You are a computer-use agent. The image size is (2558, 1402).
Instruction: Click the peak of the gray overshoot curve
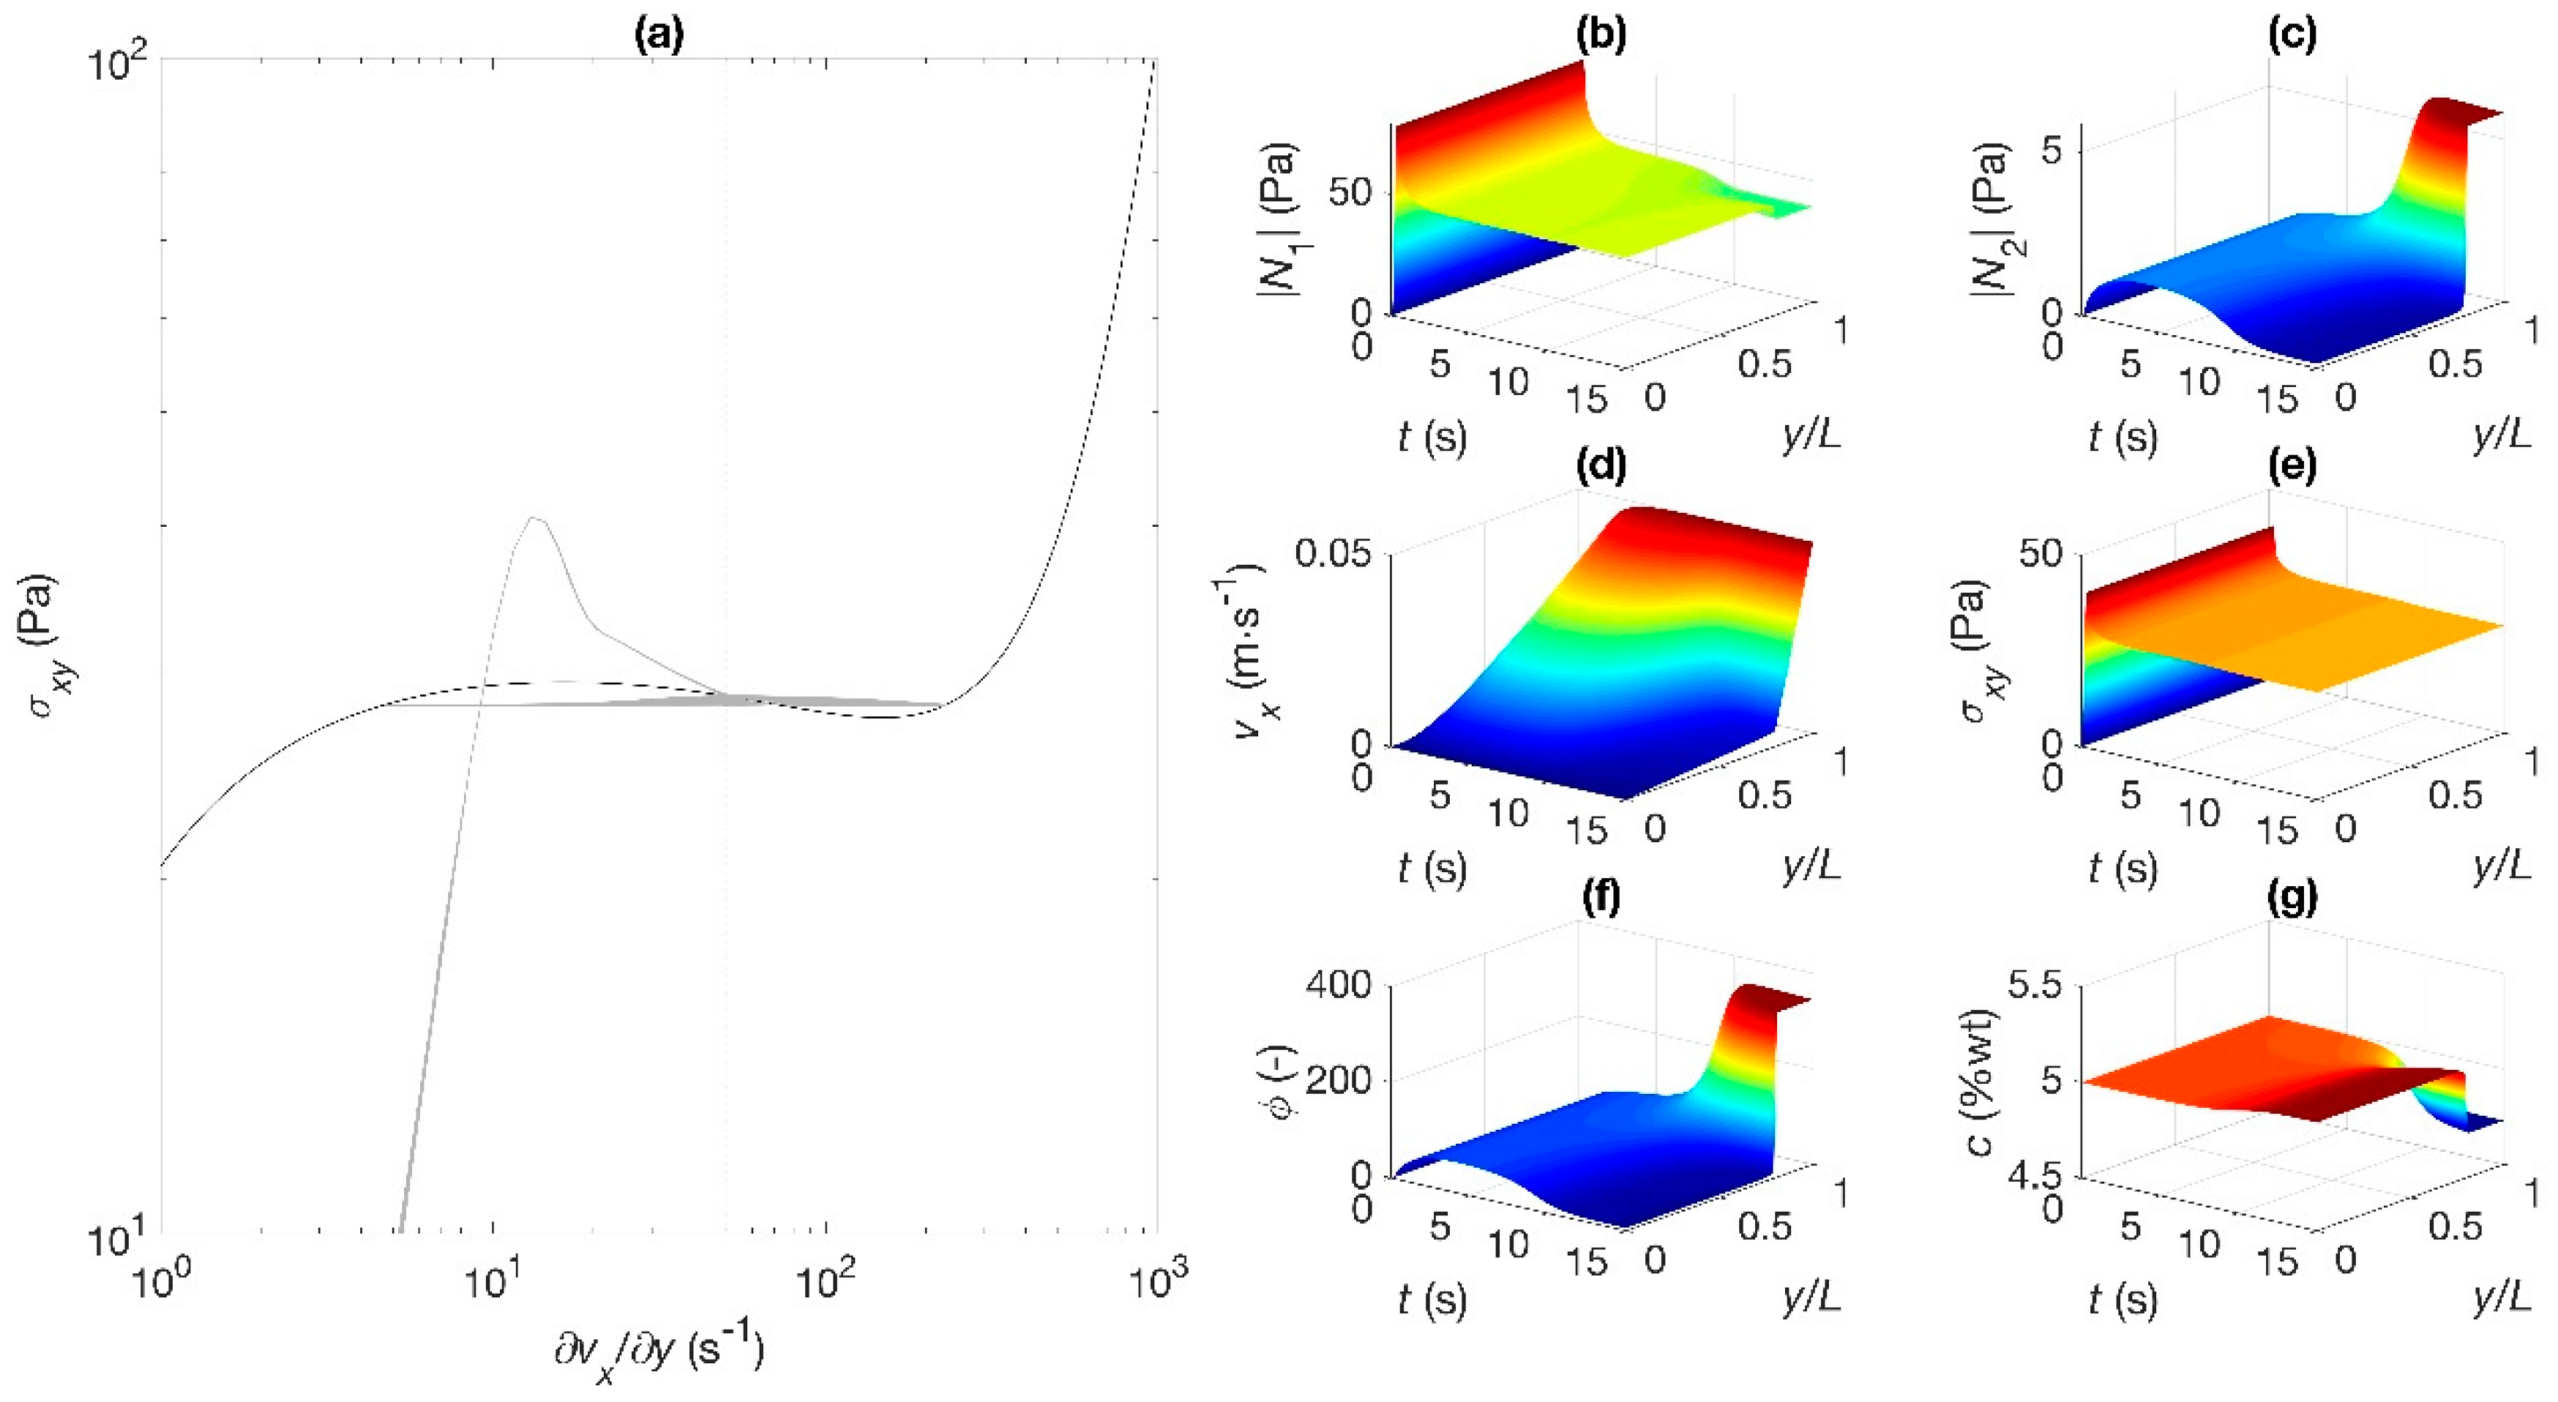coord(534,517)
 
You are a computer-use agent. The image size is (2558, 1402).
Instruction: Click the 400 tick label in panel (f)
coord(1336,986)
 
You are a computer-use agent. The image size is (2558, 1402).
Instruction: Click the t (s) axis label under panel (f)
coord(1431,1299)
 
